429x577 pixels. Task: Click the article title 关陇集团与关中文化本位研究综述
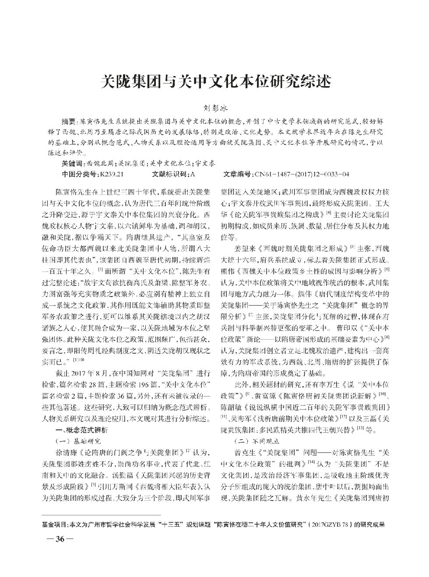point(214,82)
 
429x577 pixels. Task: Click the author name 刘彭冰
point(214,107)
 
